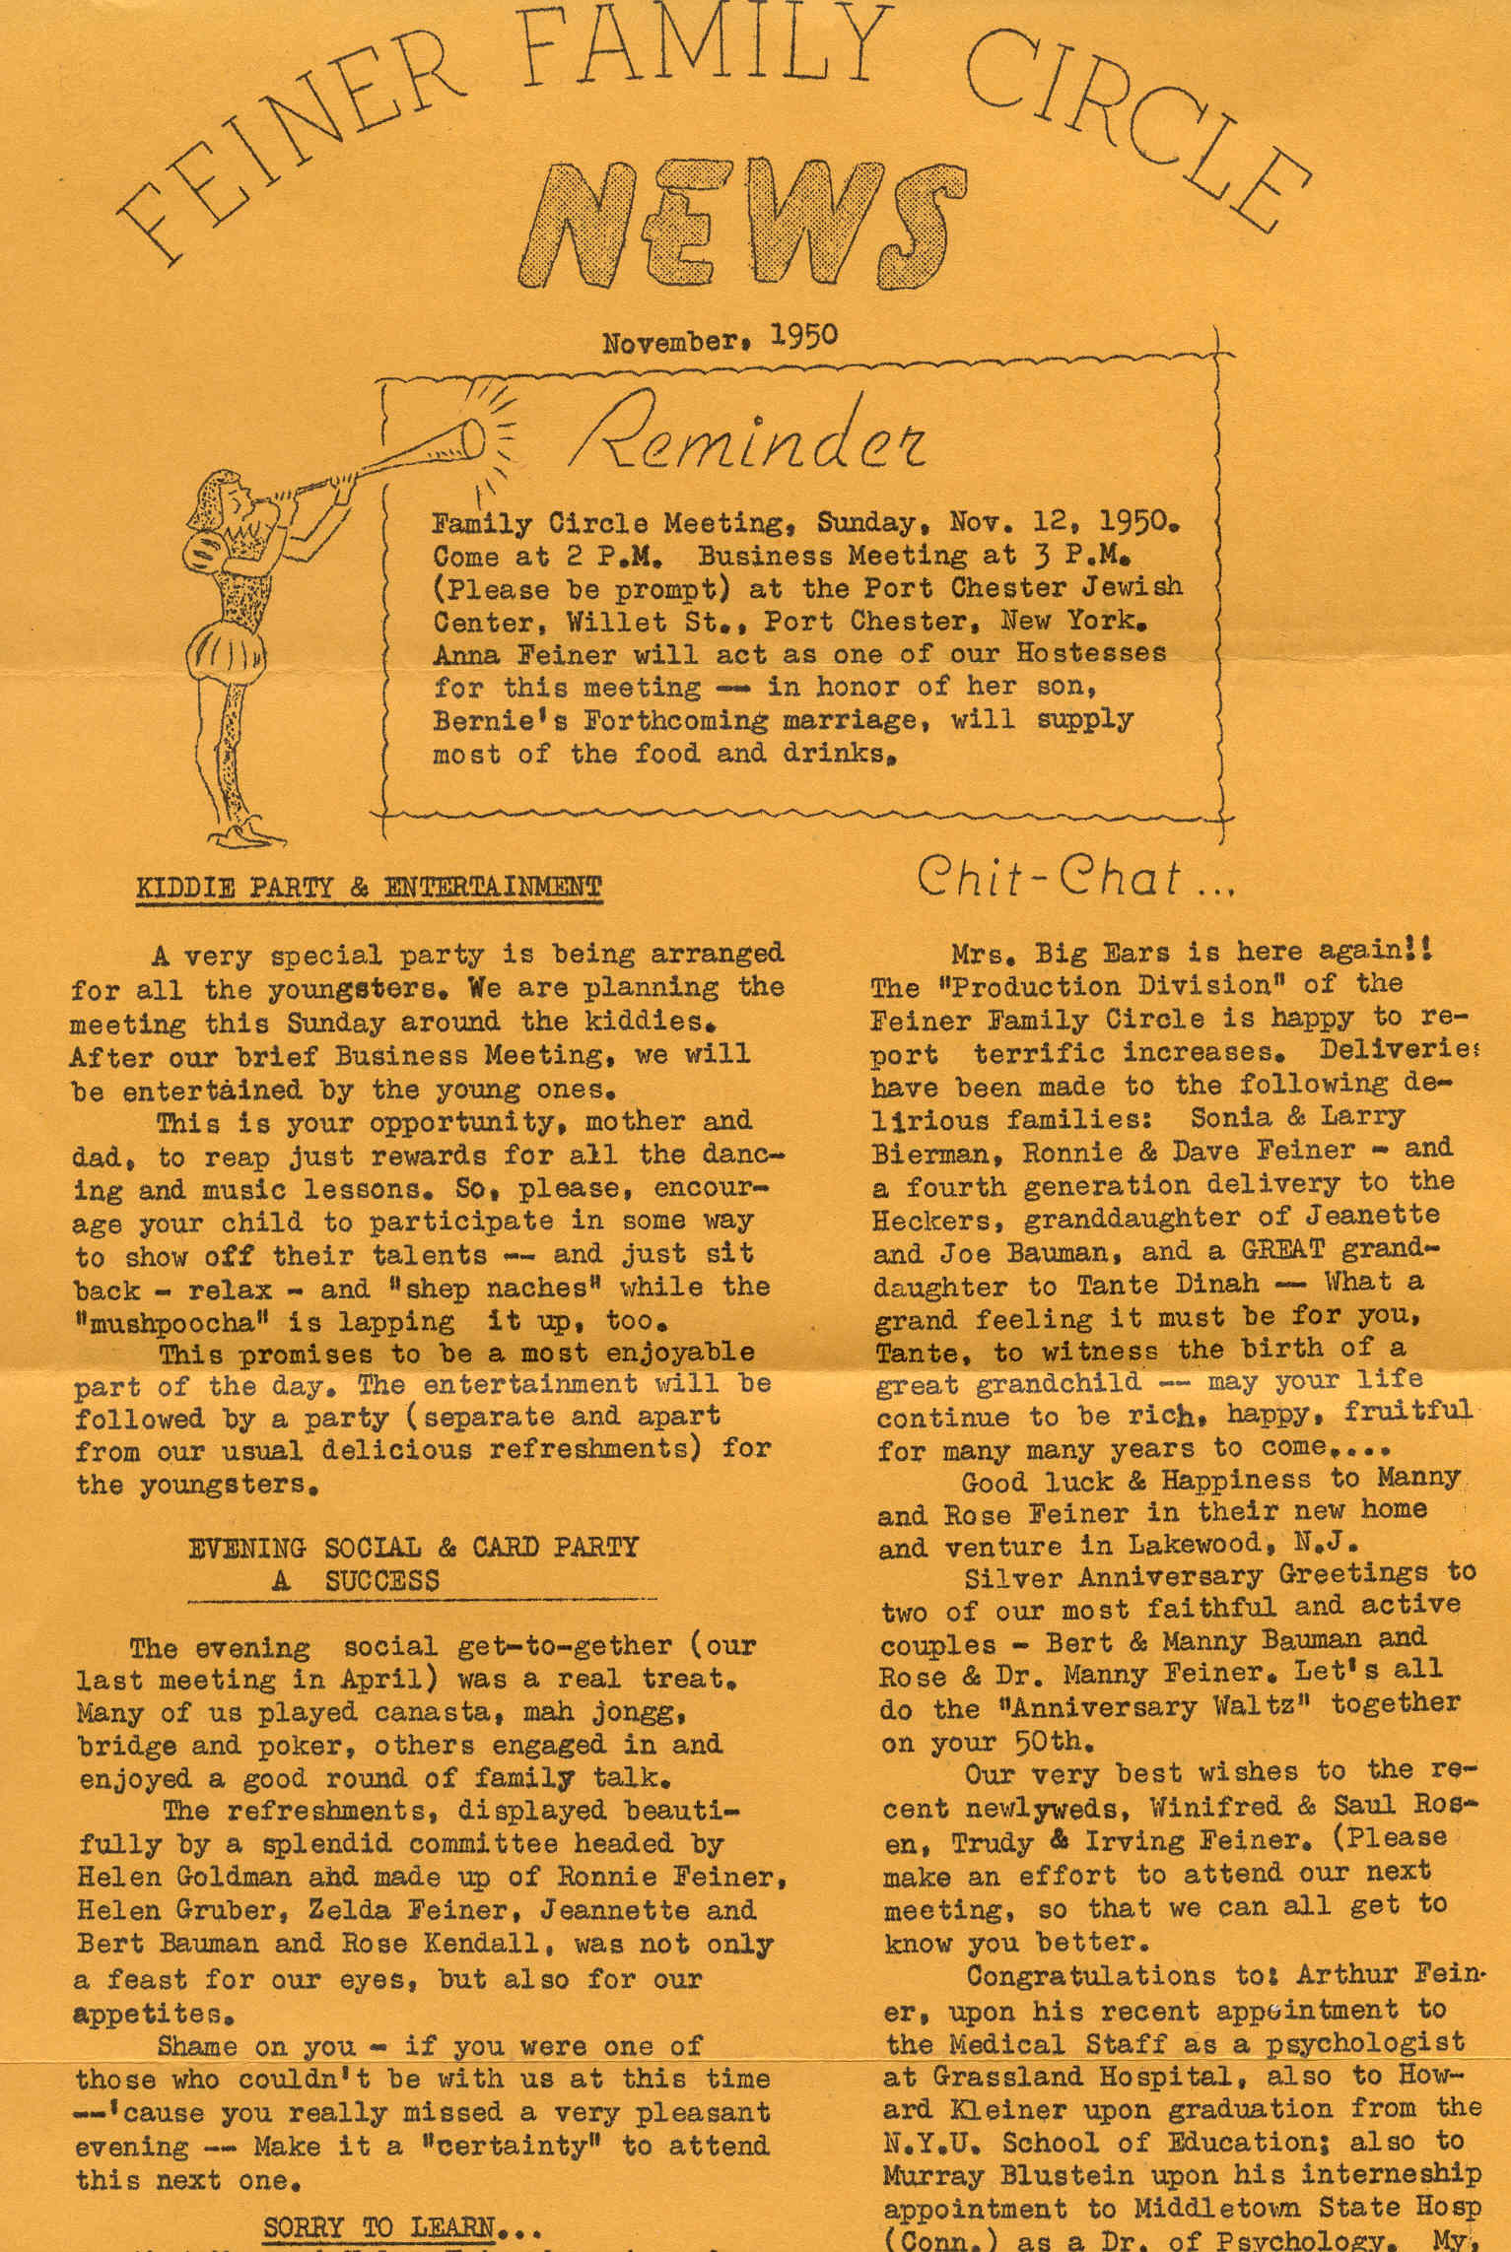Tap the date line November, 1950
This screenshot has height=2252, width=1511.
coord(720,339)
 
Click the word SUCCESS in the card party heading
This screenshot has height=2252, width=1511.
coord(380,1581)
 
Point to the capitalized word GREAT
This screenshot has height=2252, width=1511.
coord(1281,1251)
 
